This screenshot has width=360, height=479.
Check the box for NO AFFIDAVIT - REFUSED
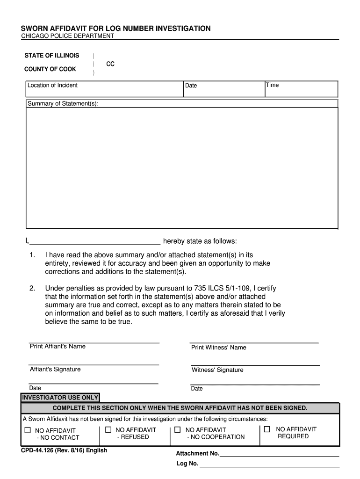click(108, 429)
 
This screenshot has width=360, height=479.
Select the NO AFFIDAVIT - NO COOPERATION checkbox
click(177, 429)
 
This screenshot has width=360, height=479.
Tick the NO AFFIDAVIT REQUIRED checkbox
click(267, 429)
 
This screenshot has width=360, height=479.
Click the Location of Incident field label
click(52, 85)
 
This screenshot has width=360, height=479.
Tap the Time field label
click(272, 85)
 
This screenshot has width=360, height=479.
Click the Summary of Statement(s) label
click(63, 103)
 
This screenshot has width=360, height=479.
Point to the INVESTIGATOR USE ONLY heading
click(60, 398)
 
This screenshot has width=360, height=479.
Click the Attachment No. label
click(197, 453)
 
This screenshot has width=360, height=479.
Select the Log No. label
click(187, 464)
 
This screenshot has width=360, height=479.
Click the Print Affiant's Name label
click(58, 346)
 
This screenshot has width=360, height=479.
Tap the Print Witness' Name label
click(218, 348)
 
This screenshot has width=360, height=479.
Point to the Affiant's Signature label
click(55, 369)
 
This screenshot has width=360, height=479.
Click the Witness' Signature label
click(217, 370)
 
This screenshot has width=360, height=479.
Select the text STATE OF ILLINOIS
click(52, 56)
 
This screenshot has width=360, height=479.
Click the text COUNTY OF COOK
click(50, 69)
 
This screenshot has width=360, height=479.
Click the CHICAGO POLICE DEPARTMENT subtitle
click(68, 36)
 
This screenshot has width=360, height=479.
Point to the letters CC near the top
click(110, 64)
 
